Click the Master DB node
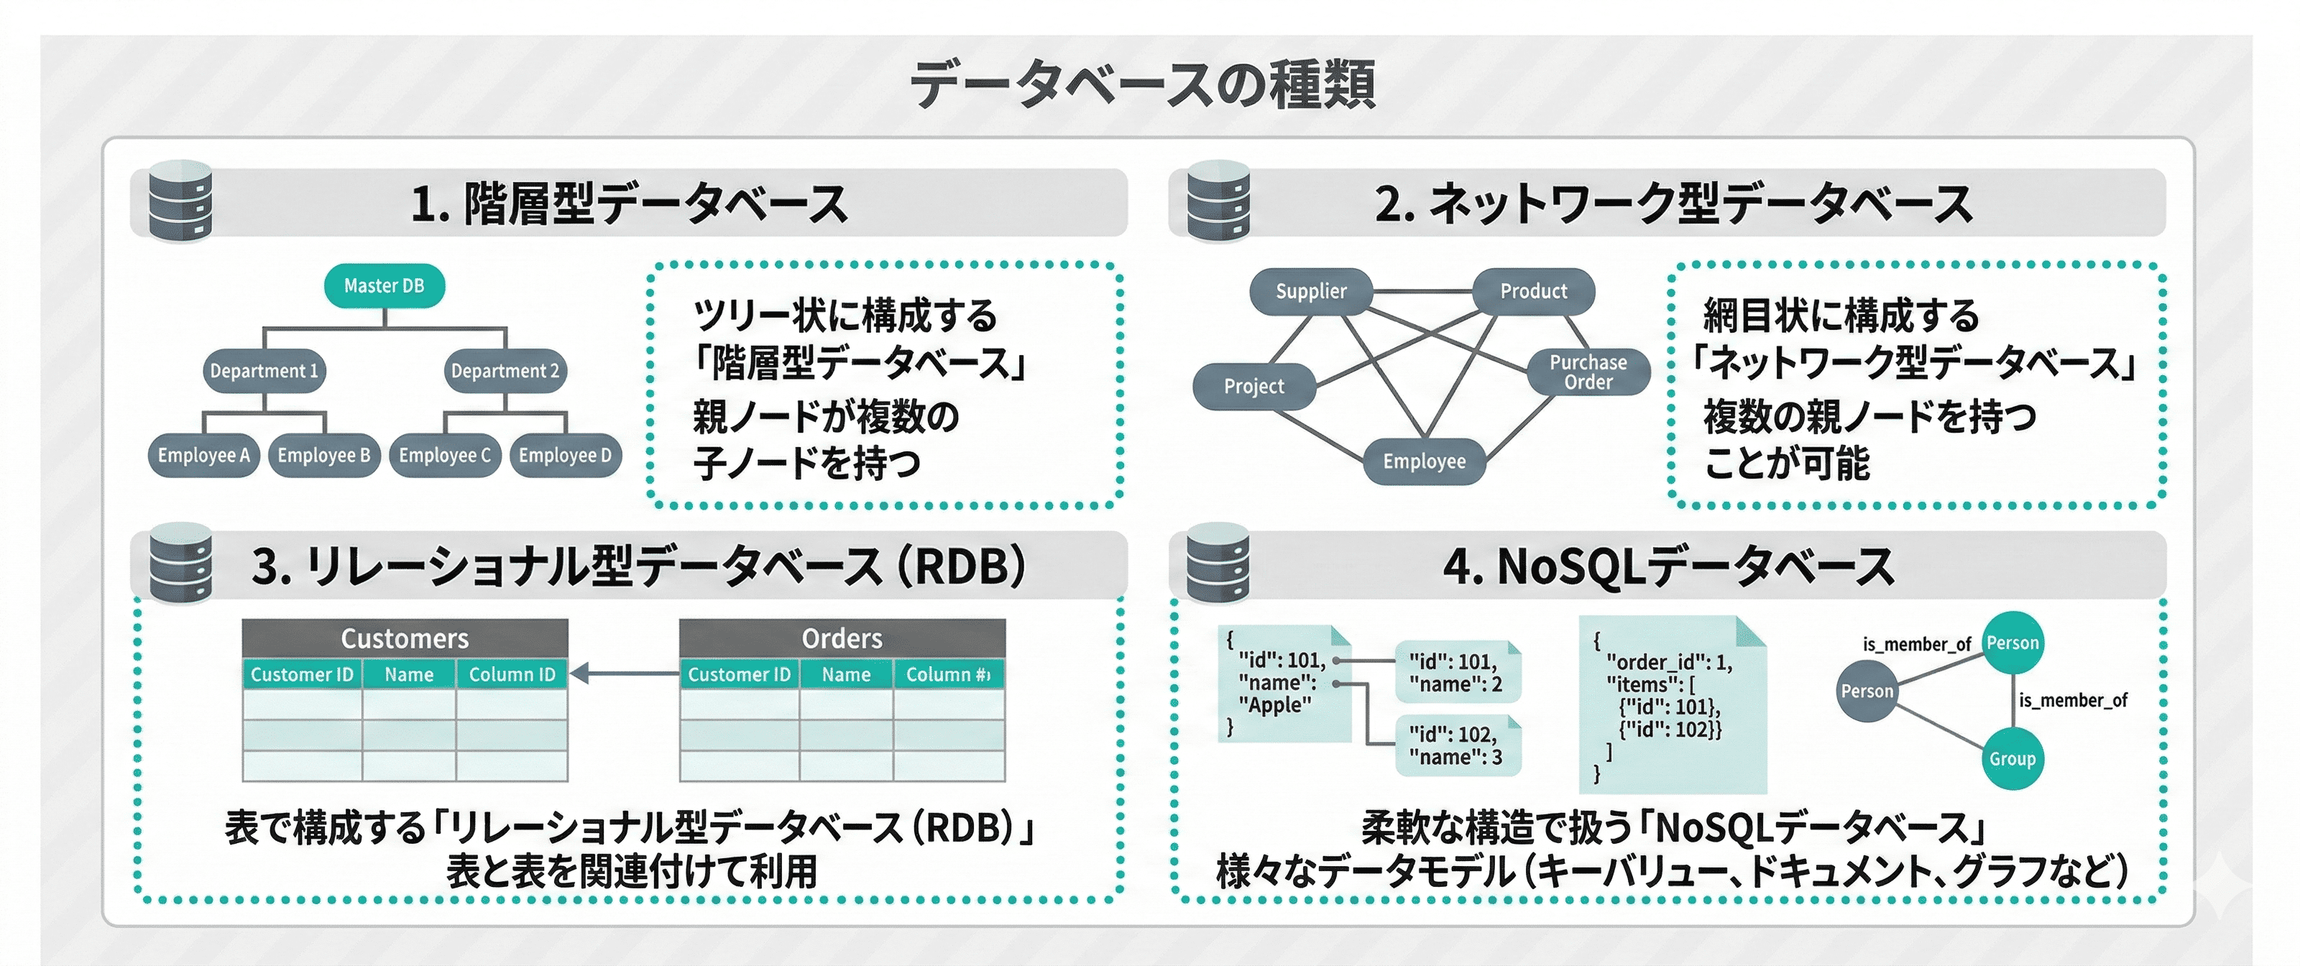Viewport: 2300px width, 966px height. (x=384, y=285)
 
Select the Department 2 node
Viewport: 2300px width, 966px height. (x=505, y=370)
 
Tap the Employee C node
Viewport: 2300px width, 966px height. (x=445, y=455)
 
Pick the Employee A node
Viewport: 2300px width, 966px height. (x=203, y=455)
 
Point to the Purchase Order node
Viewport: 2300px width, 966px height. (x=1588, y=372)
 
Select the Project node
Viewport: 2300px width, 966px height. (x=1253, y=387)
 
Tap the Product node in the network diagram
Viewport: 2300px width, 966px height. (x=1533, y=291)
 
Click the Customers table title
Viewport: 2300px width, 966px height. (x=405, y=638)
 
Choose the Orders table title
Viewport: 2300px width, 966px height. (x=842, y=638)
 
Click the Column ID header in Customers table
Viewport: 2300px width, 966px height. (x=512, y=675)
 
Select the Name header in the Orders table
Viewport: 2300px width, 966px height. (x=845, y=675)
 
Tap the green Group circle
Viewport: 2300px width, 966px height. (x=2012, y=759)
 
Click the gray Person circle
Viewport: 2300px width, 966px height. (x=1866, y=691)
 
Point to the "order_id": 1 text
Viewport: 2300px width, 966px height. (x=1667, y=663)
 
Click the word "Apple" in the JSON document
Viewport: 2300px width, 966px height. (x=1275, y=705)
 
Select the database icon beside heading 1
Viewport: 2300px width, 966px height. (x=180, y=202)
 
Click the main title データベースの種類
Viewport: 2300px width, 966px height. (x=1143, y=85)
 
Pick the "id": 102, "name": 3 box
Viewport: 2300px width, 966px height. (x=1455, y=745)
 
